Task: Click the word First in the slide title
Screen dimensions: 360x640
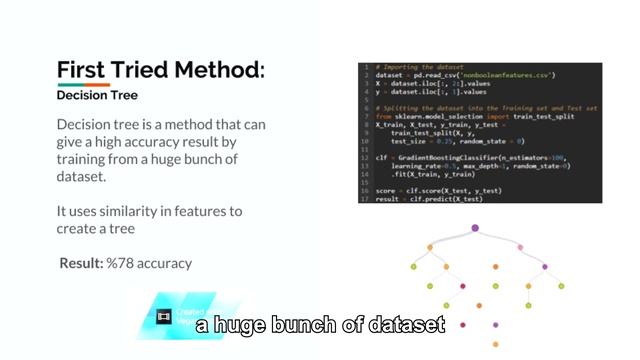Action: pos(81,70)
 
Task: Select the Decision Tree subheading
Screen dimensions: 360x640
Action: pos(97,96)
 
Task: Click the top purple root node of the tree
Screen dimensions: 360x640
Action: pos(475,229)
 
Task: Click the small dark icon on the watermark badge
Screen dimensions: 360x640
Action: pos(165,316)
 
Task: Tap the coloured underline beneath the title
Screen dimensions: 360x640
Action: pos(84,85)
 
